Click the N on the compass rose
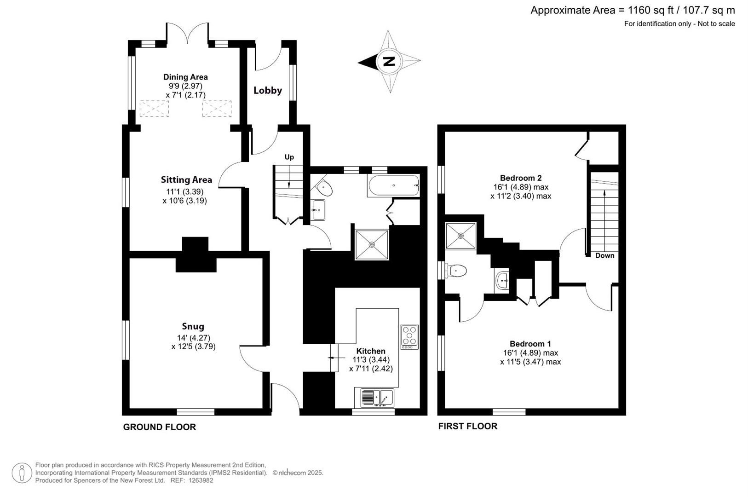click(389, 61)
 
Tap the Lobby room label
click(268, 91)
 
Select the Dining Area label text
click(185, 77)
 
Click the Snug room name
click(193, 327)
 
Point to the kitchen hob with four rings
click(409, 336)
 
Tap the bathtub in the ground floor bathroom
click(393, 186)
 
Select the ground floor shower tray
click(372, 244)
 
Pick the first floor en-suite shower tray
click(460, 236)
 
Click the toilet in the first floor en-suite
click(456, 271)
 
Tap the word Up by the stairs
click(289, 157)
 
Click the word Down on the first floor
click(604, 255)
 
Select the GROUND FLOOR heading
click(159, 427)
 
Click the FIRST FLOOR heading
click(467, 426)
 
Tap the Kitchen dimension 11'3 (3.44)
click(371, 360)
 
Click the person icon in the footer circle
click(22, 473)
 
